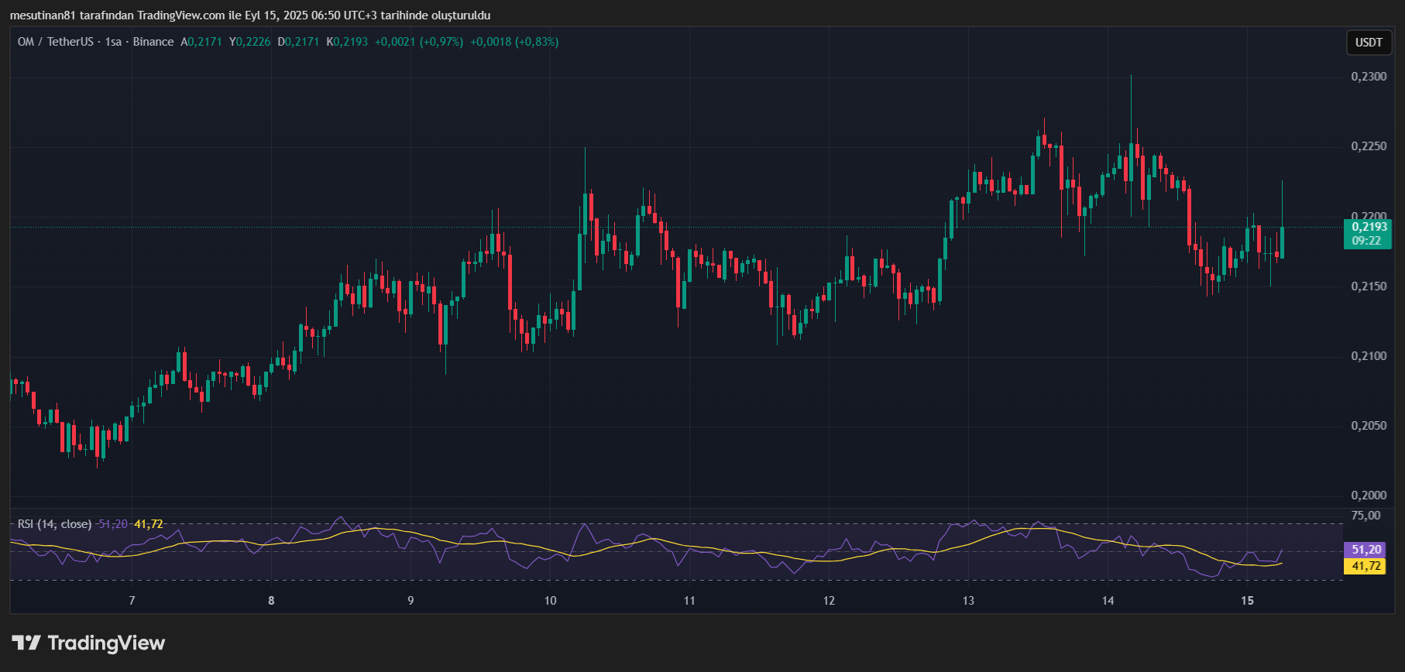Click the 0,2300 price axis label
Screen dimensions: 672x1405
click(1369, 77)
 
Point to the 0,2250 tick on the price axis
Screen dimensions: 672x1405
click(1369, 146)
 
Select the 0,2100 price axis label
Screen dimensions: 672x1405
click(1369, 356)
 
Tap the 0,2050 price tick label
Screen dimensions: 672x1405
click(1369, 426)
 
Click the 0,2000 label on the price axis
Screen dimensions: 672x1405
click(1369, 495)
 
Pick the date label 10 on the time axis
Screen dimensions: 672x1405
click(550, 601)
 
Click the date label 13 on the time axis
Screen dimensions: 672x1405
click(968, 601)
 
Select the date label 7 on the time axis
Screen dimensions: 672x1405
click(132, 601)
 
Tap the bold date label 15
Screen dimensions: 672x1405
click(1247, 601)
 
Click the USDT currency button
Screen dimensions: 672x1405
click(1369, 43)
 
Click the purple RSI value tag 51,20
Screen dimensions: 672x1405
click(1366, 550)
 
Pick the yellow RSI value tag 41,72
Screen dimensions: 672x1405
click(1366, 566)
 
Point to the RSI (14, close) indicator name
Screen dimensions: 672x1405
click(54, 524)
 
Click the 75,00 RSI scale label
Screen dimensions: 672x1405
click(1365, 516)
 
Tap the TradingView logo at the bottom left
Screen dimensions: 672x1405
click(88, 643)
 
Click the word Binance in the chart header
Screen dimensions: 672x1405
click(153, 42)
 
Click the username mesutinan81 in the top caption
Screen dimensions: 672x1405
click(43, 15)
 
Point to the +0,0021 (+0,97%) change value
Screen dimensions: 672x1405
click(419, 42)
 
